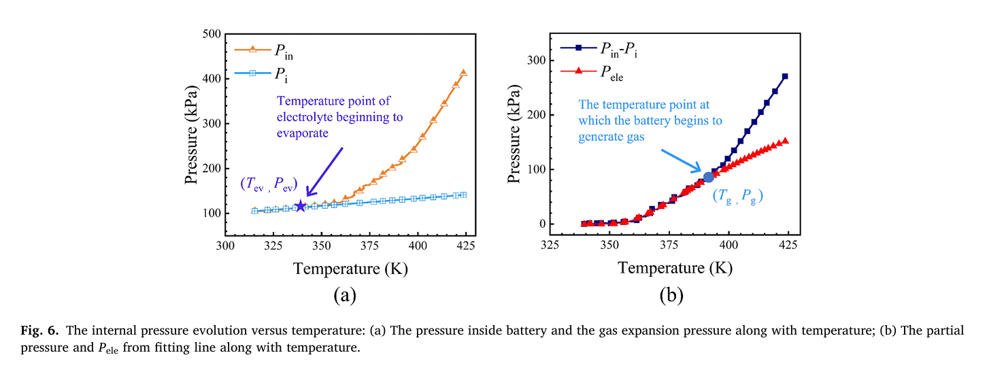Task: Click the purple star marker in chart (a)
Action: tap(300, 205)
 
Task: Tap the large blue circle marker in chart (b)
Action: tap(708, 177)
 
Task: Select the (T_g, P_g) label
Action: tap(737, 198)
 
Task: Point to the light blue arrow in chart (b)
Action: tap(683, 158)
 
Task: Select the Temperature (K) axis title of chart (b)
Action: tap(675, 268)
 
